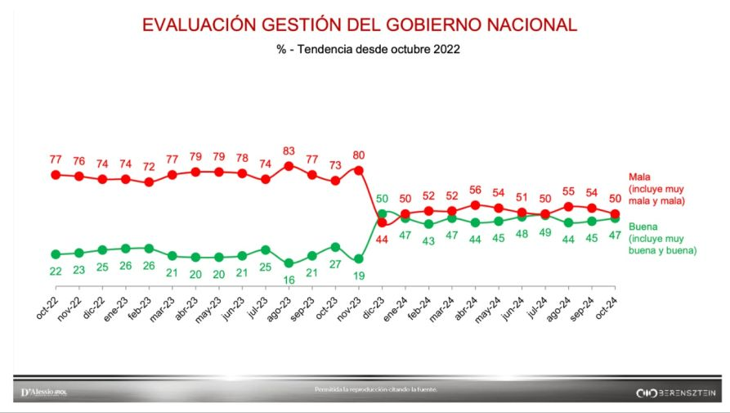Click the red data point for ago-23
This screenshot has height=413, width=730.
click(289, 166)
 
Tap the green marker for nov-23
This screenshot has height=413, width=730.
click(358, 258)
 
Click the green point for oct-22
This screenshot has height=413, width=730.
click(56, 254)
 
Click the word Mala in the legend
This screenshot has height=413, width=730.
click(639, 177)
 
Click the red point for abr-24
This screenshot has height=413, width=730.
click(475, 205)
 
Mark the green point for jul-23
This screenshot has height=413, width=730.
click(266, 249)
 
